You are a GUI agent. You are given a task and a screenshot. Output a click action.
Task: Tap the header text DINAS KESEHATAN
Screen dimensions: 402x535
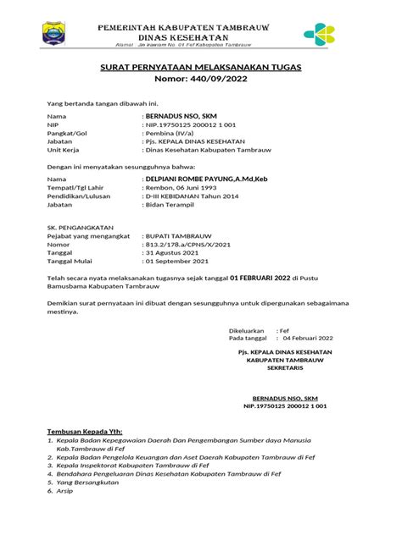coord(183,39)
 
